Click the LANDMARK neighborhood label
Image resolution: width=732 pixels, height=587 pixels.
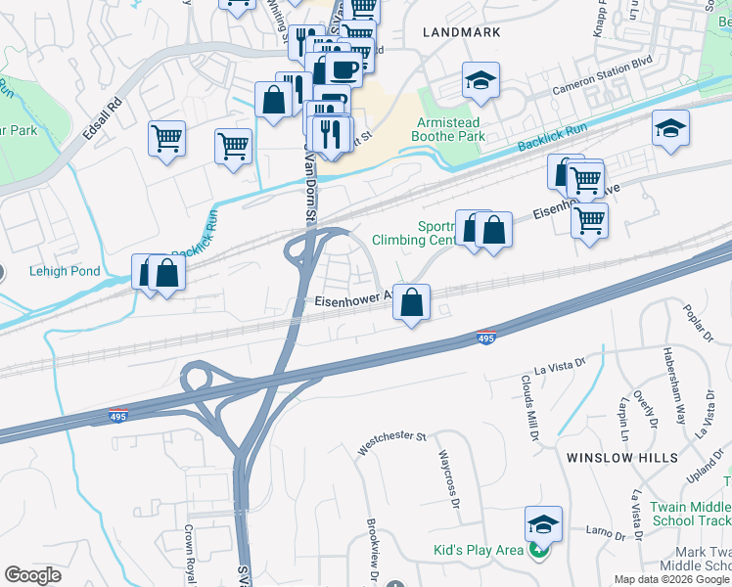click(x=462, y=32)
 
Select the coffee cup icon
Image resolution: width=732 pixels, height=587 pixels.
click(x=343, y=69)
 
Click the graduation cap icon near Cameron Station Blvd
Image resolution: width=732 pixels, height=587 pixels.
click(x=480, y=81)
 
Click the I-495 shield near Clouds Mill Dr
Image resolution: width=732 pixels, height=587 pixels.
click(x=486, y=337)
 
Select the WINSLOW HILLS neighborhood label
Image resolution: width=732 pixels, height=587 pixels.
click(x=621, y=457)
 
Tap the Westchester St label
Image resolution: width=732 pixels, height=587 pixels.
click(x=392, y=443)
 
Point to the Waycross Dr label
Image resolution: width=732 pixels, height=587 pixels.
click(x=449, y=480)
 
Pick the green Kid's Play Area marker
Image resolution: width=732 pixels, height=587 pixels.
click(x=536, y=550)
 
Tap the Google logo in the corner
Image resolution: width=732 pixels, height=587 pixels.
click(x=32, y=575)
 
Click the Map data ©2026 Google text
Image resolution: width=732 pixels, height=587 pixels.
click(x=672, y=579)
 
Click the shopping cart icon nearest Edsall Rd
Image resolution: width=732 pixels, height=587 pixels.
click(x=167, y=138)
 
